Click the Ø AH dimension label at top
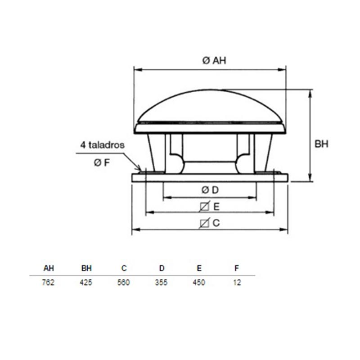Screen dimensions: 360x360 click(x=214, y=61)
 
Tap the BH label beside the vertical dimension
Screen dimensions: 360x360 click(x=321, y=144)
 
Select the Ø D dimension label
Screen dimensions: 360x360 click(x=210, y=190)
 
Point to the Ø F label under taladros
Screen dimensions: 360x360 click(x=102, y=163)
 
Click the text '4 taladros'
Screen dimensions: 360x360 click(x=103, y=145)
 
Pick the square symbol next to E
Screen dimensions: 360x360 click(x=204, y=207)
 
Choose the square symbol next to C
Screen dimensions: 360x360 click(x=204, y=223)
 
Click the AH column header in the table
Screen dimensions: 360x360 click(x=49, y=268)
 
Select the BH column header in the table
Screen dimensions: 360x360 click(x=86, y=268)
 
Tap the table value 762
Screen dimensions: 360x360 click(x=48, y=282)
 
